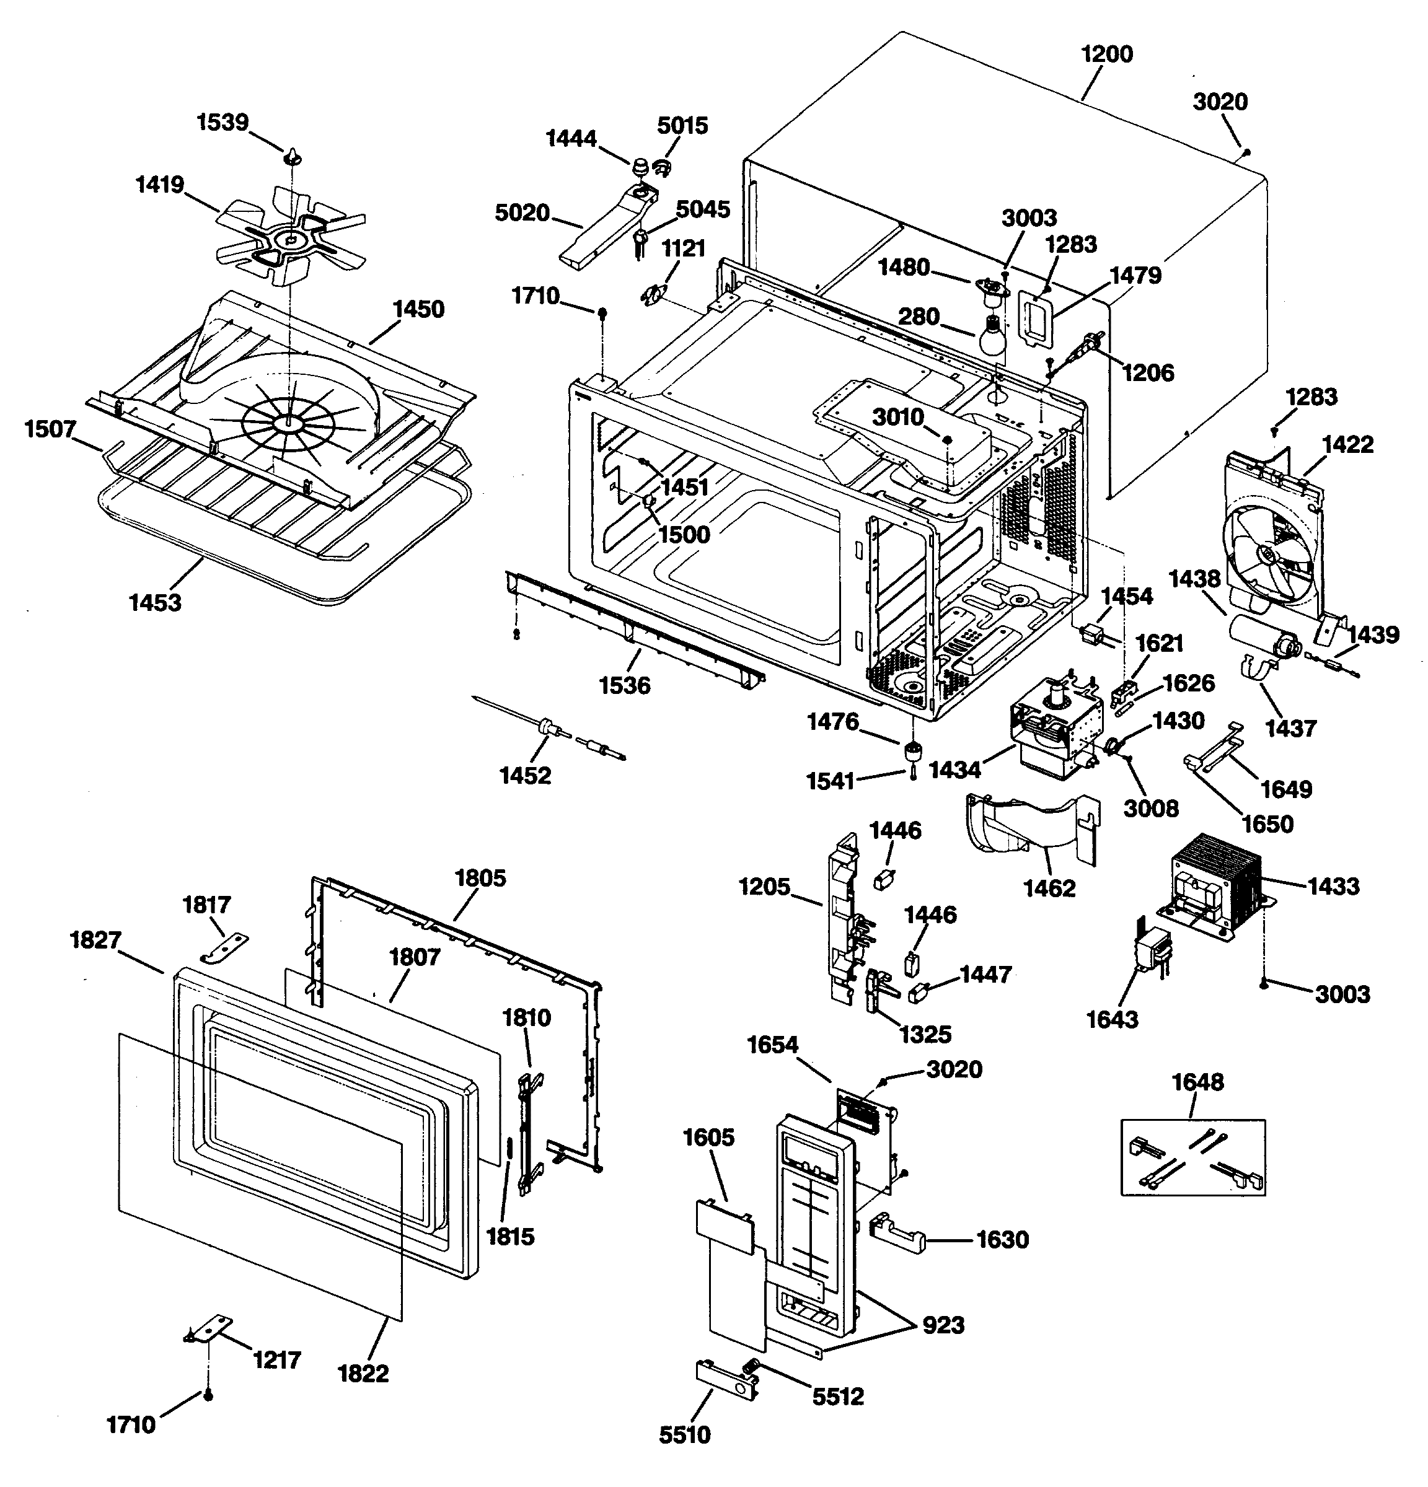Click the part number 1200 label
pos(1106,55)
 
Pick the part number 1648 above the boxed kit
pos(1197,1081)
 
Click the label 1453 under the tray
pos(155,602)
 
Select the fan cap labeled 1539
pos(294,158)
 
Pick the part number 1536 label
pos(625,685)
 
